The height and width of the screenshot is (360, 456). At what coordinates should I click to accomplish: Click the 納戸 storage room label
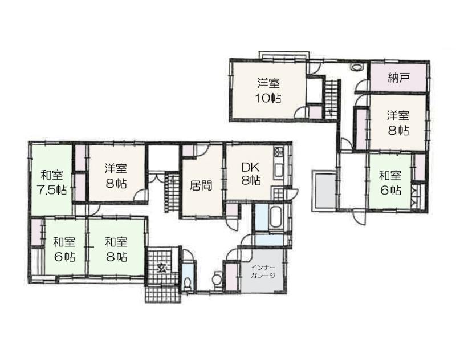[x=398, y=78]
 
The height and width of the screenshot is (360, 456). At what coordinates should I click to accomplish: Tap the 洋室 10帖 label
[x=268, y=91]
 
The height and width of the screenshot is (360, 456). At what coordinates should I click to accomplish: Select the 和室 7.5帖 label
[x=52, y=183]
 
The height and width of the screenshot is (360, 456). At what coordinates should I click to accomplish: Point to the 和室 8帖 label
[x=116, y=249]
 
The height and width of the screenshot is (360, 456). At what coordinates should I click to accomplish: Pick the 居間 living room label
[x=201, y=185]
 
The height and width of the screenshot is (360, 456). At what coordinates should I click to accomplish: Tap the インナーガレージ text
[x=263, y=271]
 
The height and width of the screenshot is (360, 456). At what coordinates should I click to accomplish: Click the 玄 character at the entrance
[x=161, y=267]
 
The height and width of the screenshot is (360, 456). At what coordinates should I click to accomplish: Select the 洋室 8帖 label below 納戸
[x=398, y=123]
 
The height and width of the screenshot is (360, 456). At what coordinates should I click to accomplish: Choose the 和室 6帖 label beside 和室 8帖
[x=64, y=249]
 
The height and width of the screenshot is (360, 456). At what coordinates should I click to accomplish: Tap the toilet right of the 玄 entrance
[x=188, y=282]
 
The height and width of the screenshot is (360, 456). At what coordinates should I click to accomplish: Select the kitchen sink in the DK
[x=279, y=171]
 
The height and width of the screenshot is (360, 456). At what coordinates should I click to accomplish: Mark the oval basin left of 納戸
[x=356, y=67]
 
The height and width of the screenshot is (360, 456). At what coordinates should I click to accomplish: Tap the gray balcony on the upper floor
[x=324, y=191]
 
